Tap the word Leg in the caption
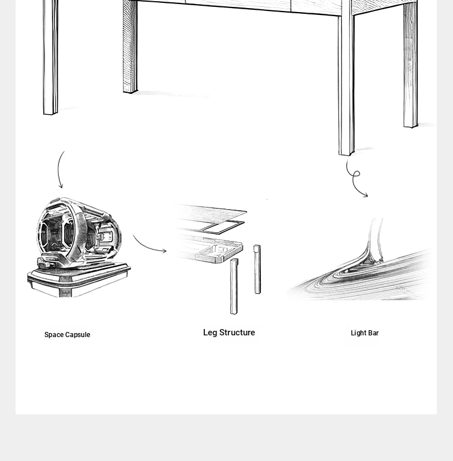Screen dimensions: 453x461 point(210,333)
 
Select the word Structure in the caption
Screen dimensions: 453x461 point(237,332)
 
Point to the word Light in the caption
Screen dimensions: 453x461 point(358,333)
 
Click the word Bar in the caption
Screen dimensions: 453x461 point(373,333)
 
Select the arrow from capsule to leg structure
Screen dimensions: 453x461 point(147,247)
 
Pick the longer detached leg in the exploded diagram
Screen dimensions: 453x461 point(234,286)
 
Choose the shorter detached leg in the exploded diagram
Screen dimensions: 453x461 point(257,269)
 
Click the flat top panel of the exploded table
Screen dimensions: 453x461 point(211,211)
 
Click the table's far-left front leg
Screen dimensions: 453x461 point(50,57)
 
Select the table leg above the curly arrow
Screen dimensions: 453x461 point(346,78)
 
